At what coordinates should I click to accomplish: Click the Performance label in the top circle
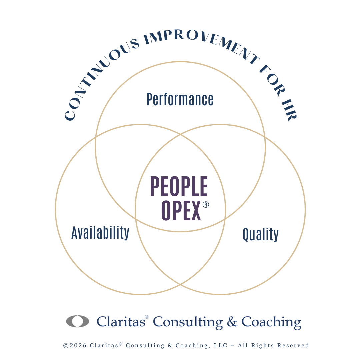click(x=180, y=99)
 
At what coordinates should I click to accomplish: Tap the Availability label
click(x=100, y=233)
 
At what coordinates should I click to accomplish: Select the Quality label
click(x=260, y=234)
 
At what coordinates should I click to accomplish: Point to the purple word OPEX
click(x=181, y=211)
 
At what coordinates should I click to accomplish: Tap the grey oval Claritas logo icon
click(x=78, y=321)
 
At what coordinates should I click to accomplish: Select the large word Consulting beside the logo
click(x=188, y=322)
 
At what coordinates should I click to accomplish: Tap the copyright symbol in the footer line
click(x=66, y=346)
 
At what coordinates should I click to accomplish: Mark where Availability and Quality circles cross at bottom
click(x=180, y=284)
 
